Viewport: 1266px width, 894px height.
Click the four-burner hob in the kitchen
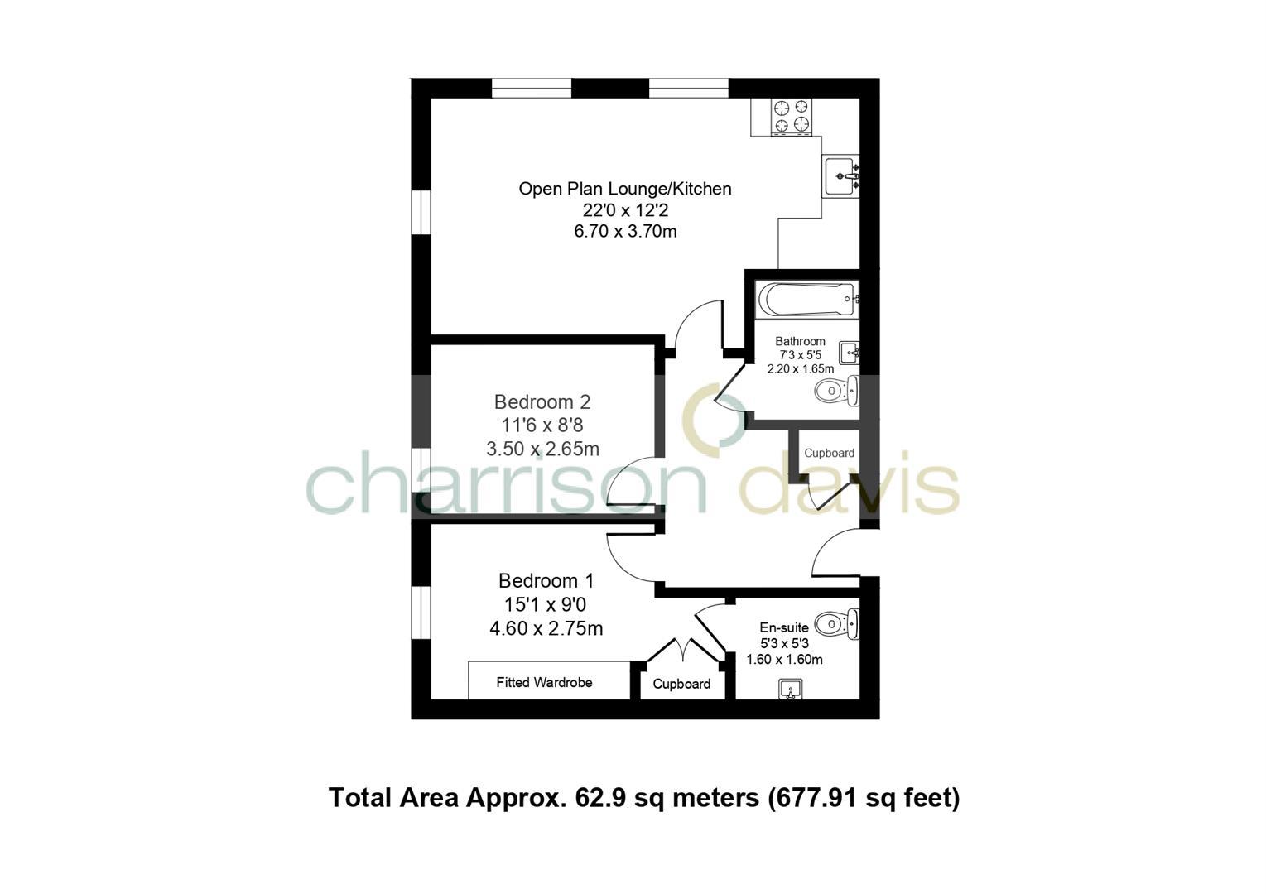(791, 116)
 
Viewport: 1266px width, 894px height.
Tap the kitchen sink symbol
(841, 175)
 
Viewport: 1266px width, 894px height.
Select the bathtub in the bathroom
(807, 299)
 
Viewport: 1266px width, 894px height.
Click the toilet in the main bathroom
(836, 391)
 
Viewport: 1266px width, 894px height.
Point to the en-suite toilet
(836, 624)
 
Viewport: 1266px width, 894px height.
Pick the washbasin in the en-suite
(791, 689)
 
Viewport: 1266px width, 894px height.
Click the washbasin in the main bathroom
(850, 353)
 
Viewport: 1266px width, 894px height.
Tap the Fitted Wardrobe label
(544, 683)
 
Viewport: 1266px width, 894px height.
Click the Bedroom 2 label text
(542, 402)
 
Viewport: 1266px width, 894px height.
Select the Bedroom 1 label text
(546, 581)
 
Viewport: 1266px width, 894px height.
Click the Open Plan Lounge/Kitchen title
(625, 189)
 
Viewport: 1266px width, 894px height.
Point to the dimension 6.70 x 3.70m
(625, 232)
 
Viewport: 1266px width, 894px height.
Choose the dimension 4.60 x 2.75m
(546, 629)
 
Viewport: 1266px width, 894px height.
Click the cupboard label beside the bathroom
(829, 454)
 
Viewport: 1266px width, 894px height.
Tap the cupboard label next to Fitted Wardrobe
(681, 684)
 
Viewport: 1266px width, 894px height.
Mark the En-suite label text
(784, 628)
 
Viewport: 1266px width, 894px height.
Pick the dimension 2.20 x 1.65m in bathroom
(801, 369)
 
